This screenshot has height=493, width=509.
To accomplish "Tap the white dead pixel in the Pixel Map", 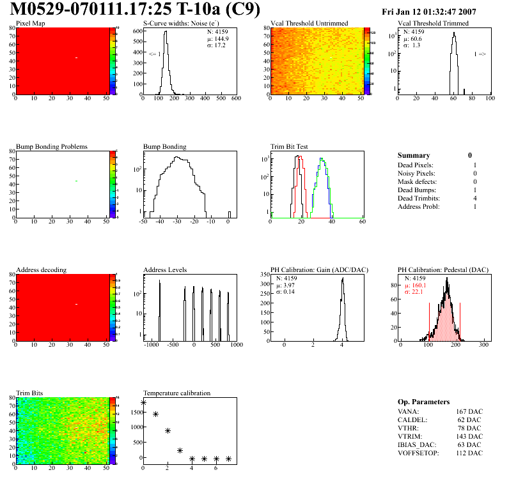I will point(76,58).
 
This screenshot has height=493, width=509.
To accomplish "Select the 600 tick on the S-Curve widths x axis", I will point(236,98).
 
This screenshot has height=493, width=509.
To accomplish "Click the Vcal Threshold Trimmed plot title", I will point(433,24).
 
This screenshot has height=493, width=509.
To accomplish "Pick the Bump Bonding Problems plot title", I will point(52,146).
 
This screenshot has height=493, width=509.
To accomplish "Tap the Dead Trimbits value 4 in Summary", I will point(474,198).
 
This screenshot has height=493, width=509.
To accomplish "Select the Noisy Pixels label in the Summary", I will point(416,173).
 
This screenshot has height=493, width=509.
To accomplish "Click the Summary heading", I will point(414,155).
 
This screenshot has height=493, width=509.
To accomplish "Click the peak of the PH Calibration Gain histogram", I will point(343,278).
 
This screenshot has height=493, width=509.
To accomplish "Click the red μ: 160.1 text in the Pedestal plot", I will point(417,285).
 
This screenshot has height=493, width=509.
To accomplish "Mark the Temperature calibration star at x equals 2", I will point(168,431).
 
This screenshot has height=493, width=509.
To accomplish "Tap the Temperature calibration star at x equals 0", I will point(143,403).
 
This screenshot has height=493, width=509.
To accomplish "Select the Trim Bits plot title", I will point(29,393).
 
